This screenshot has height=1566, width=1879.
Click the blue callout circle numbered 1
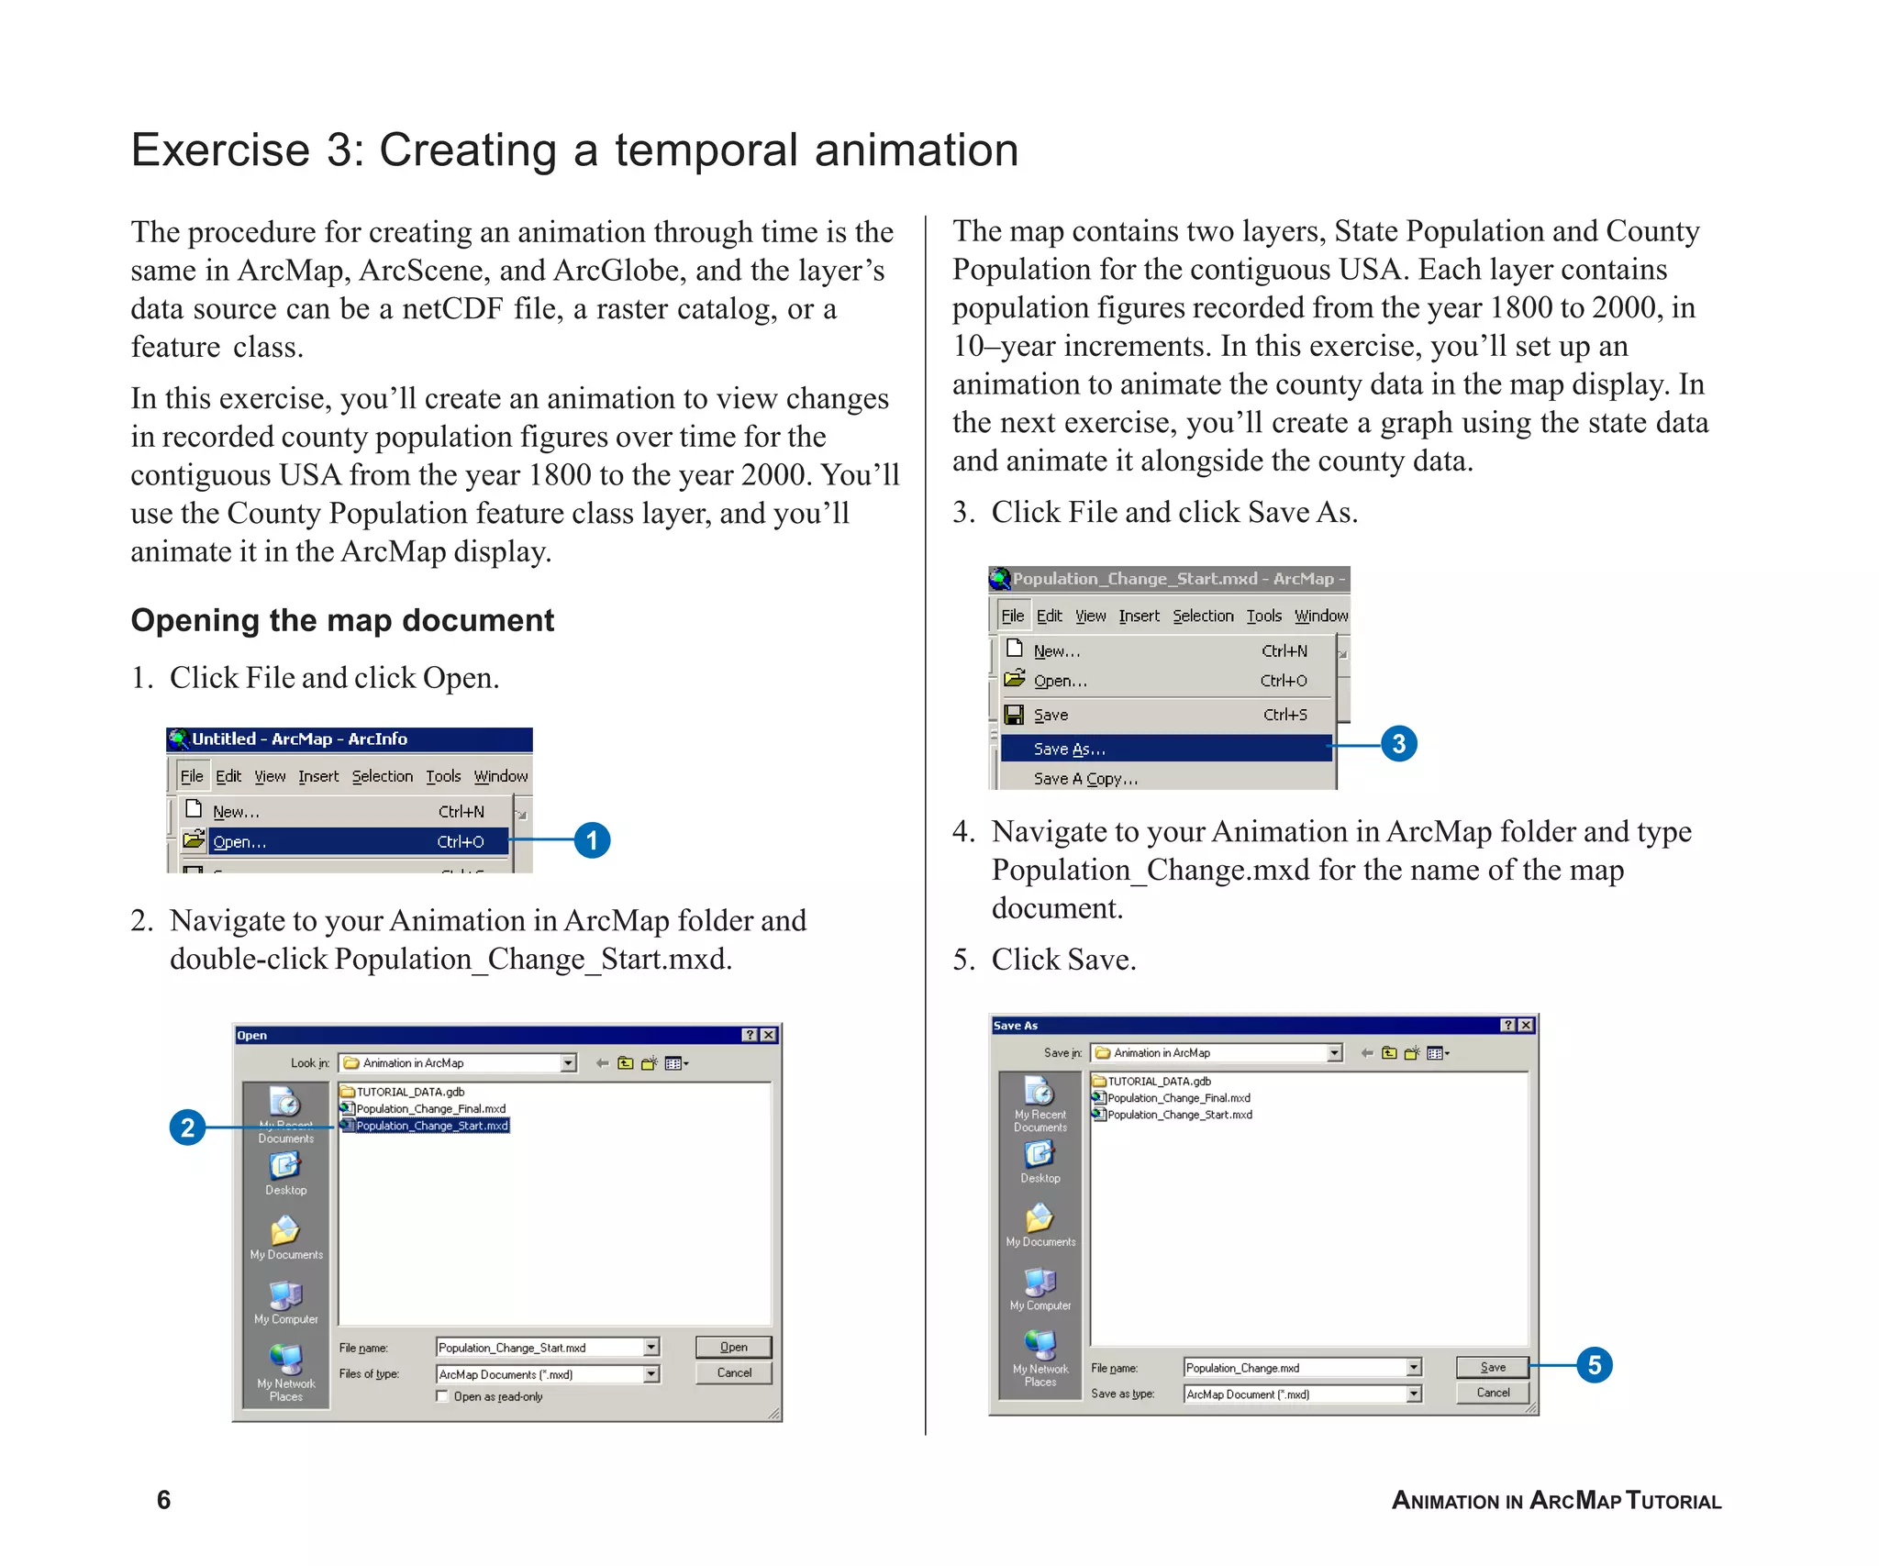592,840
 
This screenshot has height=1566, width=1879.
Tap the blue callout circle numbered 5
1595,1365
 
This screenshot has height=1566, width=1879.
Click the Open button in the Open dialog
733,1347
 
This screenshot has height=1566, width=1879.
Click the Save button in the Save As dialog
1493,1367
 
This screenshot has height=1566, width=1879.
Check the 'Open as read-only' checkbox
442,1396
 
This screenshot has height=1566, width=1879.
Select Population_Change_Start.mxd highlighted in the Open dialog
431,1126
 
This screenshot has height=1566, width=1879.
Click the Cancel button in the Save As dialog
1493,1393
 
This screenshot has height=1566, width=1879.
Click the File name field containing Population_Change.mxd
1294,1368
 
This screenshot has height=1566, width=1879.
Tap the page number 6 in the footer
163,1500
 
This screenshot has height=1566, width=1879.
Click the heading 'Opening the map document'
342,620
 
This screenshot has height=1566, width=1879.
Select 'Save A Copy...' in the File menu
1085,779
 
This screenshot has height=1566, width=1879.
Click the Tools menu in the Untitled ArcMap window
443,776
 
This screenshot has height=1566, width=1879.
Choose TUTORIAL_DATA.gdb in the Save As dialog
1159,1082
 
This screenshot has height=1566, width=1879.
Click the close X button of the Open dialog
769,1035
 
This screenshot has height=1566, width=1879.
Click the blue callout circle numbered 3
1398,743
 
